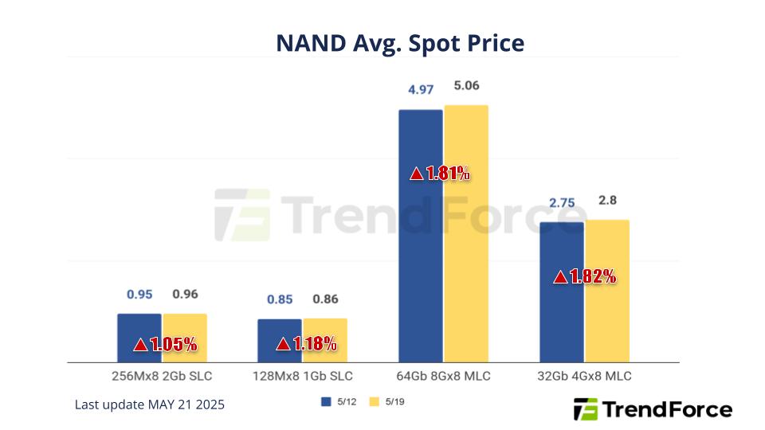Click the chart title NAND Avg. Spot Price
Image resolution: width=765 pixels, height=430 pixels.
(x=400, y=43)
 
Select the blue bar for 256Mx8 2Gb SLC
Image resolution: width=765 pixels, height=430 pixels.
(x=139, y=326)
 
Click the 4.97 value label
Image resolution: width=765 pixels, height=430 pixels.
(x=420, y=90)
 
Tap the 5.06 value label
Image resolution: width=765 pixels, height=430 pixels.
(x=466, y=86)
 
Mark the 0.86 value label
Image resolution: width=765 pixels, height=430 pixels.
(x=325, y=299)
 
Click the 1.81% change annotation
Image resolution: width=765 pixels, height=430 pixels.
(x=440, y=174)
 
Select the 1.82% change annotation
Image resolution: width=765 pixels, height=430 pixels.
(x=585, y=277)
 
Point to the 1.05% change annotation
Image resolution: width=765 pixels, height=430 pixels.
(x=165, y=345)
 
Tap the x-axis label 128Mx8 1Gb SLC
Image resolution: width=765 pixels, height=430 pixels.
(x=303, y=376)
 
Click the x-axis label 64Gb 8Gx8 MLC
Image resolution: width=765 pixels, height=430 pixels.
(x=443, y=376)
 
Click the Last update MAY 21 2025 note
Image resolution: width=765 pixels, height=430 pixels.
(x=150, y=405)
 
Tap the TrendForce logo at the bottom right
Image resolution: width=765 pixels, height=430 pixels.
(x=653, y=409)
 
